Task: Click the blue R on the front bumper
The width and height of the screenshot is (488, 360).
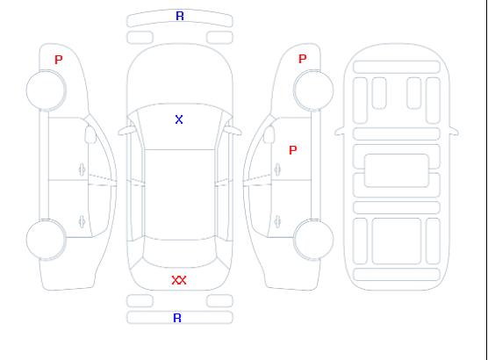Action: coord(180,16)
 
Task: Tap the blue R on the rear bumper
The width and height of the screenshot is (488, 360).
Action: coord(177,318)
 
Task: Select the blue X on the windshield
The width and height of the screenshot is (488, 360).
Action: coord(179,119)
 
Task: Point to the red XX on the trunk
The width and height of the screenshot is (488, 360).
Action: coord(179,280)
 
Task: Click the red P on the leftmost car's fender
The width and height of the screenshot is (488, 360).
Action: coord(59,60)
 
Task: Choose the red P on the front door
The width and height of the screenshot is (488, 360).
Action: coord(293,150)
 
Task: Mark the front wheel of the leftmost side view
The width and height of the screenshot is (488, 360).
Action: coord(46,90)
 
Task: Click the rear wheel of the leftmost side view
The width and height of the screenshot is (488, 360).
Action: coord(46,240)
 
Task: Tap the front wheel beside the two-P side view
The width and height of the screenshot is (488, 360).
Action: coord(313,90)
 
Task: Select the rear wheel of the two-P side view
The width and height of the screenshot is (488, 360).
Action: coord(313,240)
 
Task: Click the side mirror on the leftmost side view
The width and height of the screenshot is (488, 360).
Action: coord(90,134)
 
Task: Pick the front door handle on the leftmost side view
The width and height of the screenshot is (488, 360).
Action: coord(82,169)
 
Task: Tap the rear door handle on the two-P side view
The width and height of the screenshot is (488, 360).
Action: coord(277,221)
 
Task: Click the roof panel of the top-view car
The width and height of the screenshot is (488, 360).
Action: coord(180,195)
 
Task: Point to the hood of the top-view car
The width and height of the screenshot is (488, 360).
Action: coord(180,75)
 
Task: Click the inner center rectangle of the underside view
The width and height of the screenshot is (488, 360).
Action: coord(397,170)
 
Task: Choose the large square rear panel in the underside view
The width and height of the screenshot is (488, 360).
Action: coord(397,241)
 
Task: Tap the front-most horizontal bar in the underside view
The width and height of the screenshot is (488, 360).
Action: coord(397,67)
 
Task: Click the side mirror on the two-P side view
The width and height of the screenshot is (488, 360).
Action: coord(269,134)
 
